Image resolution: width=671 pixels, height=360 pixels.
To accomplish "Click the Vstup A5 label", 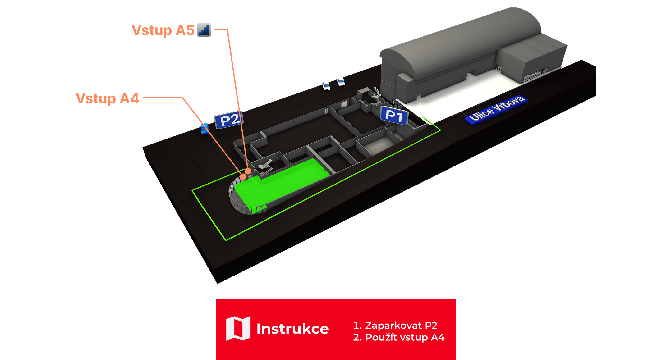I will tap(163, 30).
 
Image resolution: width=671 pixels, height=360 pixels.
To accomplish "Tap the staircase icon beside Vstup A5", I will tap(204, 30).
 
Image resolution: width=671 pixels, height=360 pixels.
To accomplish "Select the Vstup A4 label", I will tap(107, 98).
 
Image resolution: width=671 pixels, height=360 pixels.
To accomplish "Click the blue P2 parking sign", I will tap(229, 120).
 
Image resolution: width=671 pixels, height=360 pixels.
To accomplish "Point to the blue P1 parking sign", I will tap(394, 116).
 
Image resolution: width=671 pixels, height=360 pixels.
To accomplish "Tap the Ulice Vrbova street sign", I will tap(496, 109).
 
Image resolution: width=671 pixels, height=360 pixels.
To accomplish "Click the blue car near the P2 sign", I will tap(205, 128).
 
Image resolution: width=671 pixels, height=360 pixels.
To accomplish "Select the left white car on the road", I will tap(326, 85).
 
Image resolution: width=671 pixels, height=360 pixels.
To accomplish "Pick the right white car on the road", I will tap(341, 81).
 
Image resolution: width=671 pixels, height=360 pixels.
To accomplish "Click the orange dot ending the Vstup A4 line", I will tap(243, 177).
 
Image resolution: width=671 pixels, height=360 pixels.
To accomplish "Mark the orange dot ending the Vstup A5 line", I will tap(248, 171).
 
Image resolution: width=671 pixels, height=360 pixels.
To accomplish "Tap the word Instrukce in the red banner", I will tap(292, 329).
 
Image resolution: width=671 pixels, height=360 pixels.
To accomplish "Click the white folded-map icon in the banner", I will tap(238, 328).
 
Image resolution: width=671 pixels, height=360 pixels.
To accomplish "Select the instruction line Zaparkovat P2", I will tap(395, 325).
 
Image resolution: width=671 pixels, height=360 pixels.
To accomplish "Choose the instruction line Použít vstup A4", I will tap(399, 337).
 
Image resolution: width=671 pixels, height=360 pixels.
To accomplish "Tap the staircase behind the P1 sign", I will tap(375, 95).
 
